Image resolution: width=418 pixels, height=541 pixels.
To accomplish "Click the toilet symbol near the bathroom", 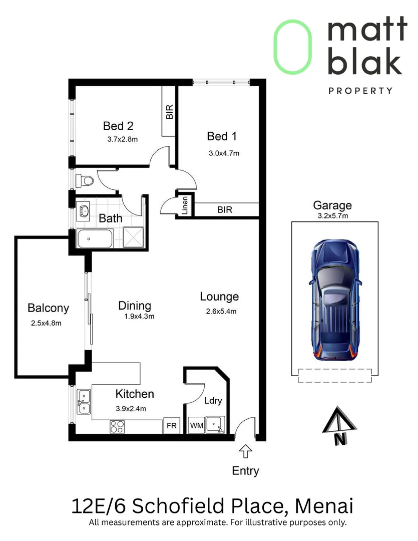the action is coord(85,180).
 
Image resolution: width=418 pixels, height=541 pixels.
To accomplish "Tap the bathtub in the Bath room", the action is coord(95,239).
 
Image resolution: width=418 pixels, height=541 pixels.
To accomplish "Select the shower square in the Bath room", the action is coord(133,237).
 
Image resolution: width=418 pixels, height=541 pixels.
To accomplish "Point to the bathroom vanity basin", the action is coord(84,211).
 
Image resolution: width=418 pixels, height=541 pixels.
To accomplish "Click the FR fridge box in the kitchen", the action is coord(171,426).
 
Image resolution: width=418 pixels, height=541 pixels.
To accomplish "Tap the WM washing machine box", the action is coord(197,425).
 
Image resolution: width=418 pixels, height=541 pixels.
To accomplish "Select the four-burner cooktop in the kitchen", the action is coord(117,426).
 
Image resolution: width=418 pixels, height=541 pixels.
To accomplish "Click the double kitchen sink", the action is coord(84,402).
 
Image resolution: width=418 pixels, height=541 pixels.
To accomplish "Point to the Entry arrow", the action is coord(245,451).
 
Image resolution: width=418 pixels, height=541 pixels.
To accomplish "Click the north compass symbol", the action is coord(339,426).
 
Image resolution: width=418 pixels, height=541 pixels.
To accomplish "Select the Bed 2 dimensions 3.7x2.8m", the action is coord(123,139).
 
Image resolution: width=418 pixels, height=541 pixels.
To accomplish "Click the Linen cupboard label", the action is coord(185,206).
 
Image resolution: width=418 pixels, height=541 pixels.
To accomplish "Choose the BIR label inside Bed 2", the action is coord(169,112).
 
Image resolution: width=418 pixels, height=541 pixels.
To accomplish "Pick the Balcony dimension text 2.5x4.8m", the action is coord(46,323).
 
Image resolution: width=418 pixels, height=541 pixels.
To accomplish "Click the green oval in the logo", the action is coord(293,47).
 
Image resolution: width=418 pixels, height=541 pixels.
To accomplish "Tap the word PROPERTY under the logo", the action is coord(360,91).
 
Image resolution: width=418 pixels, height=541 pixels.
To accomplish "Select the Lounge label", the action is coord(219,297).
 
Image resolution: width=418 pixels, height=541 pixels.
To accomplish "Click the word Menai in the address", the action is coord(324,506).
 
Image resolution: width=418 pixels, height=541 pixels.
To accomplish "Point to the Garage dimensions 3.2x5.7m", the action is coord(333,216).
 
